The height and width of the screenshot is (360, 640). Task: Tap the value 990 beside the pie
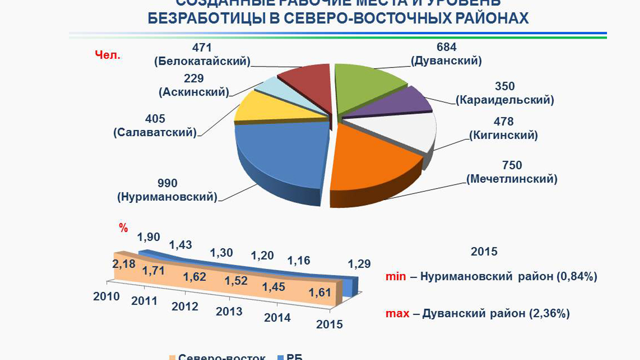point(167,183)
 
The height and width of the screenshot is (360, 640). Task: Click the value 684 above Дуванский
point(446,47)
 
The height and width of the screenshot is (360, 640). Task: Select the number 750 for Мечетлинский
point(512,165)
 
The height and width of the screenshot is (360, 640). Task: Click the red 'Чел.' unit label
point(108,55)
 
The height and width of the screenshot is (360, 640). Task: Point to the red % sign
point(123,228)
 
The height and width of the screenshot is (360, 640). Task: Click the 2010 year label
point(106,296)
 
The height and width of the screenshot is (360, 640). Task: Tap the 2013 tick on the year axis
point(229,311)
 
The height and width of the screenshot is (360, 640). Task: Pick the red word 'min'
point(395,276)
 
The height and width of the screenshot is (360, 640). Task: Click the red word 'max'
point(397,314)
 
